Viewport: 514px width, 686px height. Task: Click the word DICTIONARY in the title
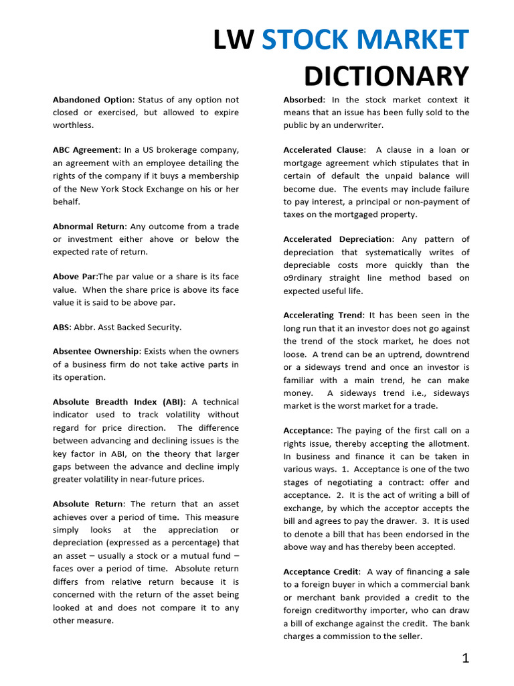386,76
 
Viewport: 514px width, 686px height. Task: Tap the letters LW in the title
234,41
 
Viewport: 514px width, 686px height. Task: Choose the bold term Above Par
75,277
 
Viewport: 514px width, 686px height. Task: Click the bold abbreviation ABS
61,327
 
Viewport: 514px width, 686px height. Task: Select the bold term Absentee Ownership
96,352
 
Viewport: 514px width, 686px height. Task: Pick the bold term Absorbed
303,100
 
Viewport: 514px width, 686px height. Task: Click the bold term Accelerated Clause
324,150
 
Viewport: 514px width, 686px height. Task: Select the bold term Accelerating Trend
323,316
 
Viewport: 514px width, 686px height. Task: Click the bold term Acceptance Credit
321,571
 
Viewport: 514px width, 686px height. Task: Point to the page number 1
465,658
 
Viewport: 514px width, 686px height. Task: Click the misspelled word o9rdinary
305,278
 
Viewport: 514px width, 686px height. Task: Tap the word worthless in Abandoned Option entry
73,125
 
